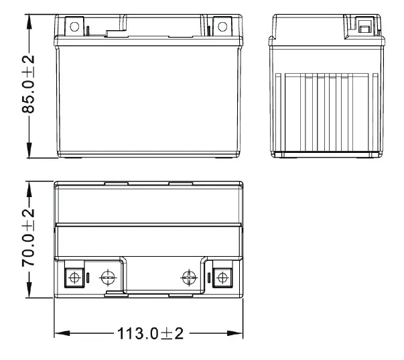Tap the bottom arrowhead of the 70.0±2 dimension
click(x=29, y=293)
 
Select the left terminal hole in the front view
click(x=74, y=27)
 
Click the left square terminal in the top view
click(x=74, y=277)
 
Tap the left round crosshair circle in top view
click(x=107, y=277)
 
